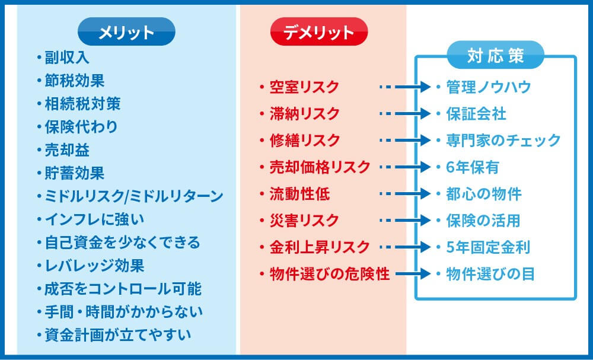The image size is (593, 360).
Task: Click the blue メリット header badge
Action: tap(126, 32)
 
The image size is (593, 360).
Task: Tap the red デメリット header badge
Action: tap(319, 32)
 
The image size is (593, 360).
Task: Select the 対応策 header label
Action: tap(495, 55)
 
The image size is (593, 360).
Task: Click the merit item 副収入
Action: tap(67, 58)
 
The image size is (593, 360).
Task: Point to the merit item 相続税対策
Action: tap(82, 104)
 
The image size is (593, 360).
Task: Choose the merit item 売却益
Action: tap(67, 150)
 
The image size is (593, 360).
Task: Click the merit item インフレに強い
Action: tap(94, 219)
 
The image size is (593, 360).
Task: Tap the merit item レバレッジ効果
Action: tap(94, 266)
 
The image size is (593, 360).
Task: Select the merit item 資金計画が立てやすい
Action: tap(117, 335)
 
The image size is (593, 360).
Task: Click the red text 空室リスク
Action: tap(304, 87)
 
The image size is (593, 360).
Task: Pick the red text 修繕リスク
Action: tap(304, 141)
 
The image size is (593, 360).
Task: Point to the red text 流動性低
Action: tap(299, 194)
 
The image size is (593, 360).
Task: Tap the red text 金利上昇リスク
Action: tap(319, 247)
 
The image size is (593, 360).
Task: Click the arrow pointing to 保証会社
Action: tap(405, 113)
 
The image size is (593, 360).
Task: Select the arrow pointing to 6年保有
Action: tap(405, 167)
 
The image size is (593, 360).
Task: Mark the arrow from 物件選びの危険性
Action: tap(413, 274)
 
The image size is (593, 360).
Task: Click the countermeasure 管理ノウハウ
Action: tap(489, 87)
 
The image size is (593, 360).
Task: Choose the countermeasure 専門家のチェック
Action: tap(503, 141)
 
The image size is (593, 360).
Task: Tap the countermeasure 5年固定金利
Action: tap(488, 247)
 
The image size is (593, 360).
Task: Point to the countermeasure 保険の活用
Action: tap(483, 221)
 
